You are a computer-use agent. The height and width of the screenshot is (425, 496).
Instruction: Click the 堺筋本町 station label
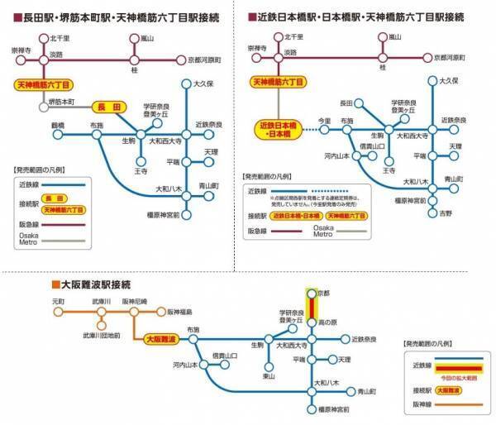pyautogui.click(x=63, y=101)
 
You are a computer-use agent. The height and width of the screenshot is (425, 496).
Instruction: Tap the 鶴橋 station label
pyautogui.click(x=58, y=125)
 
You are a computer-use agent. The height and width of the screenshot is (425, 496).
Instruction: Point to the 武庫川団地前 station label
pyautogui.click(x=101, y=335)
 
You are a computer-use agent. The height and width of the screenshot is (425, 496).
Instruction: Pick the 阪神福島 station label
pyautogui.click(x=179, y=312)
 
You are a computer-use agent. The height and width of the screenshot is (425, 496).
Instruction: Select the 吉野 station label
pyautogui.click(x=446, y=213)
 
